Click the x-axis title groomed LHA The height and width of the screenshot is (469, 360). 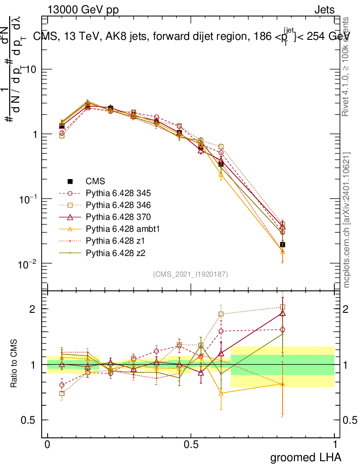(x=305, y=457)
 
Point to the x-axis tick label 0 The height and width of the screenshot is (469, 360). (x=47, y=444)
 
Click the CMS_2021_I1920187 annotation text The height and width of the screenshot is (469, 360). (x=191, y=274)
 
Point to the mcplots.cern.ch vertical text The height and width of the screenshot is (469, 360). (x=347, y=220)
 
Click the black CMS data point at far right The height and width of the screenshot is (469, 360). (x=283, y=245)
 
